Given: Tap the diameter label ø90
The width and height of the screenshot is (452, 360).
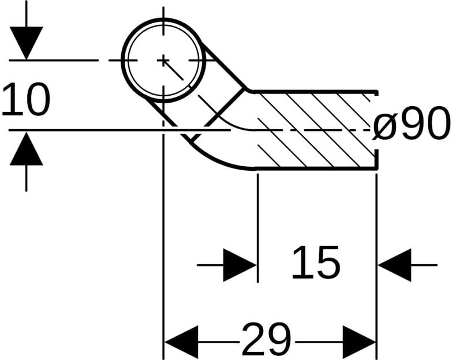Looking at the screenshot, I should point(411,123).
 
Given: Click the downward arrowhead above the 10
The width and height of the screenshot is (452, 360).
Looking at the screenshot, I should point(26,43).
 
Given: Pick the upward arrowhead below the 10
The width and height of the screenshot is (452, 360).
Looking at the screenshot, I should point(26,149).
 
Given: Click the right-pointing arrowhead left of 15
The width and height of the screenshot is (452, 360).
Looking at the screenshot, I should point(239,265).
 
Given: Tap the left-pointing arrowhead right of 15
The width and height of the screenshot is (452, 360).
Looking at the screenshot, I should point(395,265).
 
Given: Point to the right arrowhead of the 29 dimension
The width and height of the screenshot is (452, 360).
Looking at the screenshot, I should point(359,342).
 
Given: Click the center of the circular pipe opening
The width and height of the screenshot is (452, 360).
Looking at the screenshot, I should point(164,60).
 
